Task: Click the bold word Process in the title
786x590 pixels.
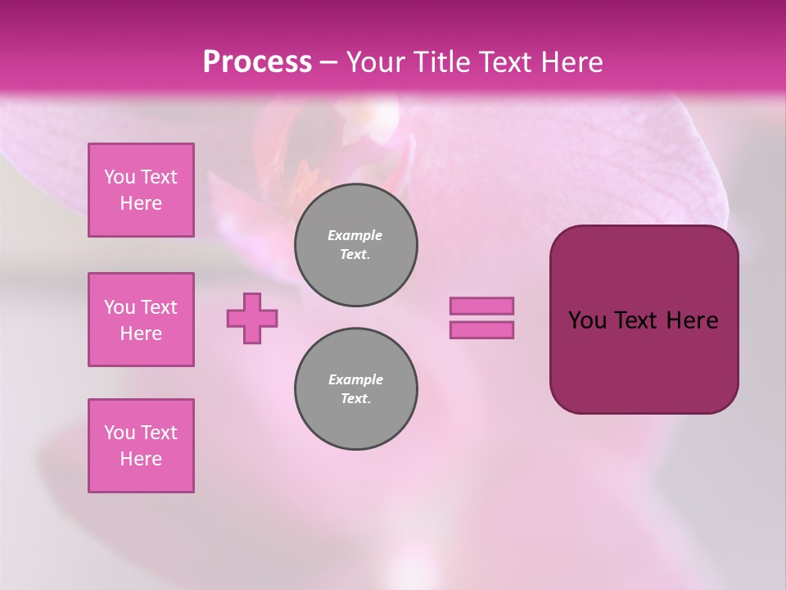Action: (257, 62)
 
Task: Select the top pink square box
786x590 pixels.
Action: (141, 190)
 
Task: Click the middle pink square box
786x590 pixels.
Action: (141, 320)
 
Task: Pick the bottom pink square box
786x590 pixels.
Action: (141, 446)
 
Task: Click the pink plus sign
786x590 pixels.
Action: (252, 318)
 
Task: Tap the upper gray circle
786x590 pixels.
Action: (356, 245)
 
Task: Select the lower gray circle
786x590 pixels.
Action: (356, 389)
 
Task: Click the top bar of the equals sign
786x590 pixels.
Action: (481, 306)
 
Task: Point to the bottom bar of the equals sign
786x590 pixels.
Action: (481, 329)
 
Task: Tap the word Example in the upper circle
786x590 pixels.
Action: (355, 235)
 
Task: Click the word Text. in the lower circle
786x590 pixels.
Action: (355, 399)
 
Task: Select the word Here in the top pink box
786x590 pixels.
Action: (141, 203)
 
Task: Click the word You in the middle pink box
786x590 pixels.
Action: (119, 307)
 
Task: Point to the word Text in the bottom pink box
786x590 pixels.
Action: (158, 433)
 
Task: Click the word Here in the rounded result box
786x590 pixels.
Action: (692, 320)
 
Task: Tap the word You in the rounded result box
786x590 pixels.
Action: (587, 320)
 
